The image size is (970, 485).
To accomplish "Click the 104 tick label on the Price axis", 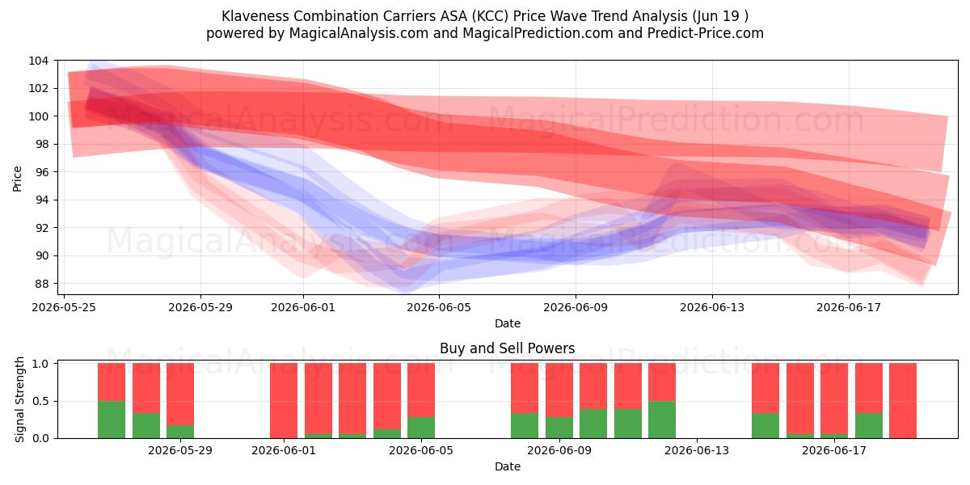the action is [x=38, y=61].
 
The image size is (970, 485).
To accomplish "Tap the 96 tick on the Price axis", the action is [x=41, y=172].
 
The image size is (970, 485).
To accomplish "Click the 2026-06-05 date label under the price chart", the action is [x=439, y=307].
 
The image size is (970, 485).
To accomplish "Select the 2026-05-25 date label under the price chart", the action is [x=64, y=307].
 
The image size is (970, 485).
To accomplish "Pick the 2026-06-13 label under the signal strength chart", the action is [x=697, y=451].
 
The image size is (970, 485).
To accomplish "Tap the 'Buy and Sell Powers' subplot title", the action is [x=508, y=348].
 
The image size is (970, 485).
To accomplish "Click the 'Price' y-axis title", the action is [x=17, y=179].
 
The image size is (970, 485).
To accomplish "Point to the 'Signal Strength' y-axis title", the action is [x=19, y=399].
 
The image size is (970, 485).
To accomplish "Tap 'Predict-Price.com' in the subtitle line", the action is [x=706, y=33].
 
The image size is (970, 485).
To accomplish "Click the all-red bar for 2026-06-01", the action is [x=284, y=401].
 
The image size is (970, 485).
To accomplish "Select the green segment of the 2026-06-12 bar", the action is [x=662, y=420].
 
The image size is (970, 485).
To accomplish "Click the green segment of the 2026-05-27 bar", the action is [x=146, y=426].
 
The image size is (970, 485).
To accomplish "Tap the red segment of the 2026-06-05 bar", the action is [x=421, y=390].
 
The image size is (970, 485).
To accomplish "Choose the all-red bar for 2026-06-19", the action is [x=903, y=401].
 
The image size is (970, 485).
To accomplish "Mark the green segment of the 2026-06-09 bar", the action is [x=559, y=428].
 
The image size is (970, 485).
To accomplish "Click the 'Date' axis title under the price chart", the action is [x=508, y=323].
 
